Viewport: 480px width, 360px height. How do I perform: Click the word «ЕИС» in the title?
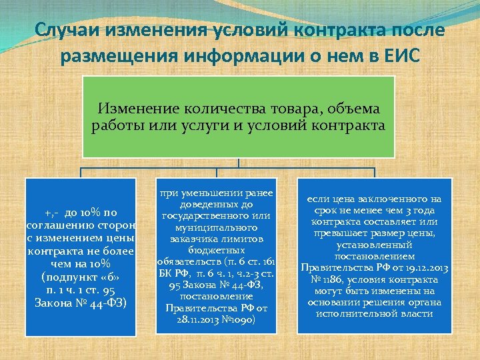pyautogui.click(x=399, y=57)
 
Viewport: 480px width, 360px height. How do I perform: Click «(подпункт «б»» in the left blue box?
pyautogui.click(x=80, y=275)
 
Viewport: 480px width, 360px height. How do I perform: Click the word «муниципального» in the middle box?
pyautogui.click(x=215, y=227)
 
